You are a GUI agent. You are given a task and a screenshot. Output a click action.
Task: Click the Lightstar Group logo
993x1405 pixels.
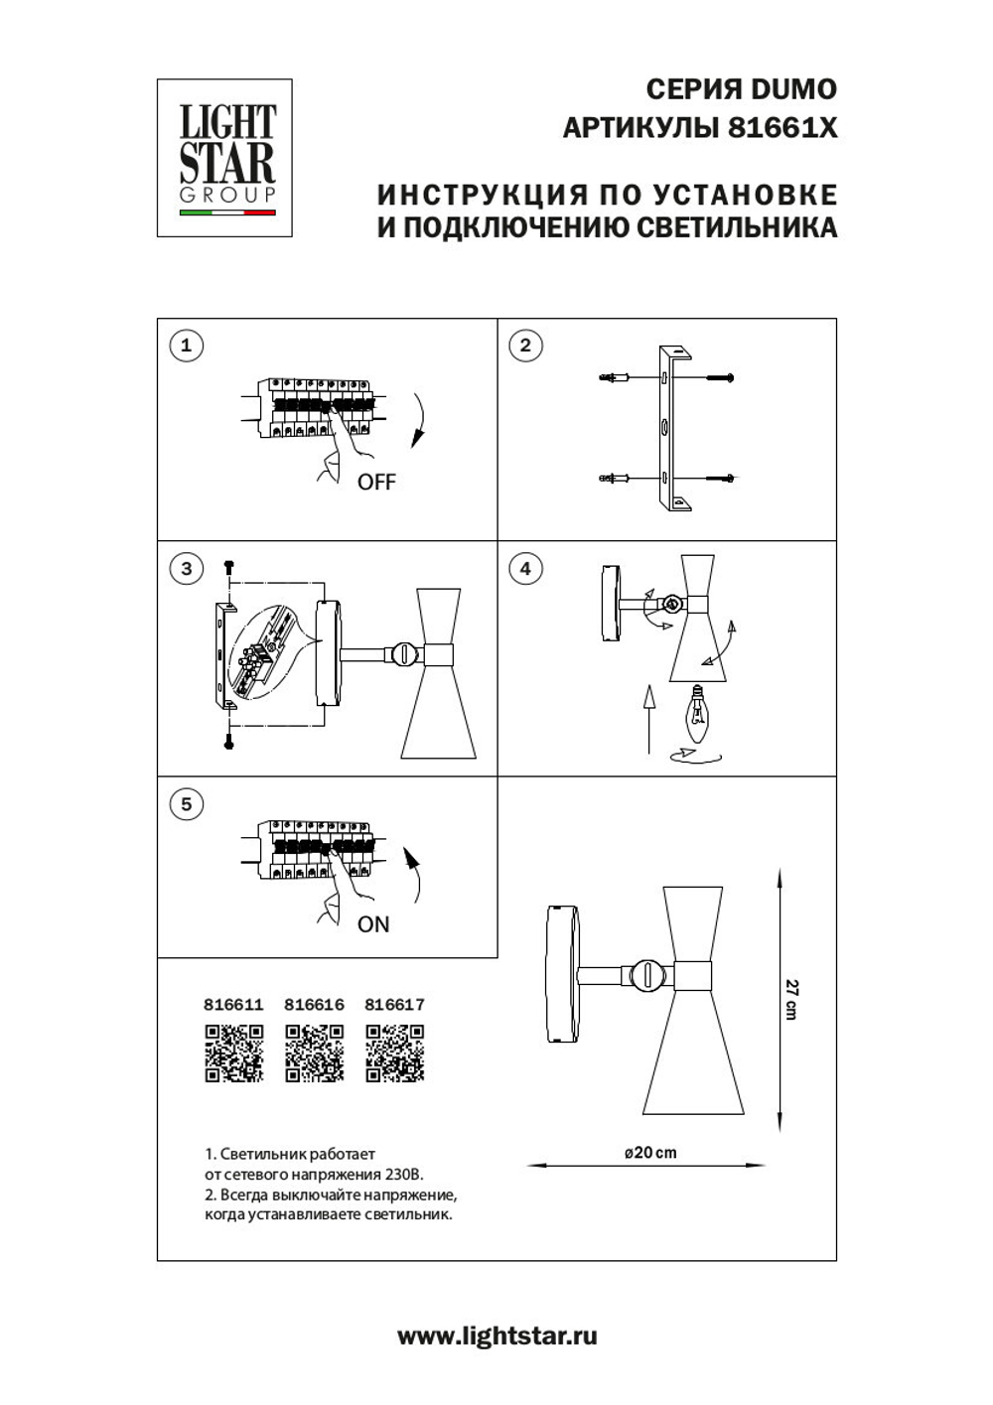pos(225,158)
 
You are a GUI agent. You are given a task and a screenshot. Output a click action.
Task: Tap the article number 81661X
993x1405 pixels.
pos(783,128)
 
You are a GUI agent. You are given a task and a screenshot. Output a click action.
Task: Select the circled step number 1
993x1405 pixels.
pos(187,346)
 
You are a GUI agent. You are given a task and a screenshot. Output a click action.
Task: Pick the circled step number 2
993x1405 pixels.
pos(525,346)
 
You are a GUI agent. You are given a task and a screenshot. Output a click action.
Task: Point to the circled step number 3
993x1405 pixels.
pos(187,569)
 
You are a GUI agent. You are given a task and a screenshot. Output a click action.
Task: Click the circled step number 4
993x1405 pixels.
pos(525,569)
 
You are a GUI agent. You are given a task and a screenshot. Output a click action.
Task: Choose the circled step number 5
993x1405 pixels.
pos(187,804)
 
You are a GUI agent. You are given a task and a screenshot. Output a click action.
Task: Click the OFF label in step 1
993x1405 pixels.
pos(376,483)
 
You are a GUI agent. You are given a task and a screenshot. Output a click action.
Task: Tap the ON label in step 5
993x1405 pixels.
pos(373,924)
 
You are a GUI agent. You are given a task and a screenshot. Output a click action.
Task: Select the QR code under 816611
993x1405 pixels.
pos(233,1053)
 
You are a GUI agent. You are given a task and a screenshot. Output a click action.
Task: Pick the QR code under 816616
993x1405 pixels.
pos(314,1053)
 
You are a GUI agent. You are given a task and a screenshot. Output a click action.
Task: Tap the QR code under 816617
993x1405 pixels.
pos(394,1053)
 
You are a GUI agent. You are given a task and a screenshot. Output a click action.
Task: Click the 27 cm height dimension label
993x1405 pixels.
pos(791,999)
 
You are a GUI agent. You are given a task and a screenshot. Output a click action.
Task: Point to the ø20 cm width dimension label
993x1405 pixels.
pos(650,1152)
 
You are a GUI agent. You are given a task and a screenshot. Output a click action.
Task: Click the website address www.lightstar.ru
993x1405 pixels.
pos(496,1335)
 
